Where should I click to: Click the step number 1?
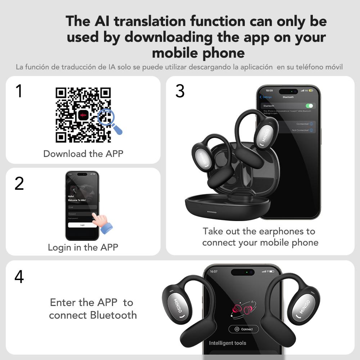pyautogui.click(x=19, y=91)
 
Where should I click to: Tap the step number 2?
pyautogui.click(x=19, y=184)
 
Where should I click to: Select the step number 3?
pyautogui.click(x=180, y=91)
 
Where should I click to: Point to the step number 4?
pyautogui.click(x=19, y=276)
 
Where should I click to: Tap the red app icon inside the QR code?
pyautogui.click(x=84, y=115)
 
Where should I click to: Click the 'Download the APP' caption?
pyautogui.click(x=83, y=154)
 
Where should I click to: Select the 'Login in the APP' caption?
pyautogui.click(x=83, y=247)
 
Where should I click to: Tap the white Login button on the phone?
pyautogui.click(x=82, y=225)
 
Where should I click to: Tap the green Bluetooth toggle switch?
pyautogui.click(x=309, y=106)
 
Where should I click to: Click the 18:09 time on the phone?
pyautogui.click(x=269, y=91)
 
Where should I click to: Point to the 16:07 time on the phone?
pyautogui.click(x=214, y=271)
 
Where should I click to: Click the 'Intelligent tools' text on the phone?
pyautogui.click(x=228, y=343)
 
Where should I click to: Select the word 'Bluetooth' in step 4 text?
pyautogui.click(x=113, y=315)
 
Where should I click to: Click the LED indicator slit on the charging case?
pyautogui.click(x=212, y=212)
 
